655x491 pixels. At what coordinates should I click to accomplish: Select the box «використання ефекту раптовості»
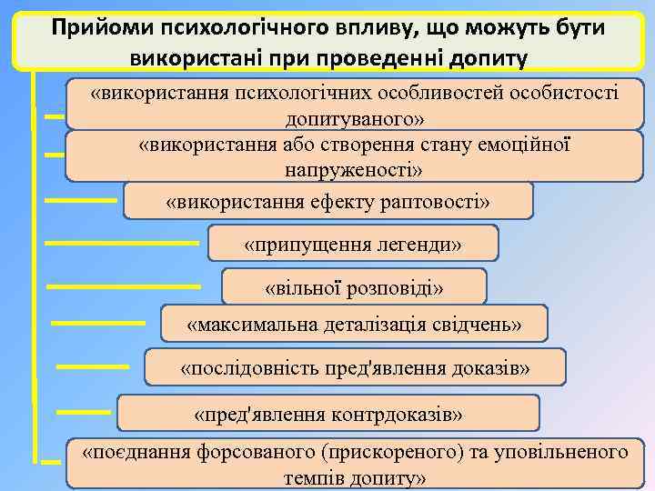[327, 201]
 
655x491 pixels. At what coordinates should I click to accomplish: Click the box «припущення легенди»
[353, 244]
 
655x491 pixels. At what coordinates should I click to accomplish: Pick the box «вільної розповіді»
[354, 287]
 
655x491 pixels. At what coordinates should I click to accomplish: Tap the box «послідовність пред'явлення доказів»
[355, 367]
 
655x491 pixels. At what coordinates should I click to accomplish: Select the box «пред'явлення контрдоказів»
[328, 413]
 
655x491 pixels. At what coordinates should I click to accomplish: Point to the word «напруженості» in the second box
[354, 170]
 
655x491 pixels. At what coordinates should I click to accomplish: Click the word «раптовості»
[436, 201]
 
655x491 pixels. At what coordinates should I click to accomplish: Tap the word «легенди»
[417, 245]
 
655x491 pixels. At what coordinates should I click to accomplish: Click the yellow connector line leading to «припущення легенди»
[122, 243]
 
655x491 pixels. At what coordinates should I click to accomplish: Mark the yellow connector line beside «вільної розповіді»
[124, 287]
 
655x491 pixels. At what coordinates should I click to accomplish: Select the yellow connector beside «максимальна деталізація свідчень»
[98, 322]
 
